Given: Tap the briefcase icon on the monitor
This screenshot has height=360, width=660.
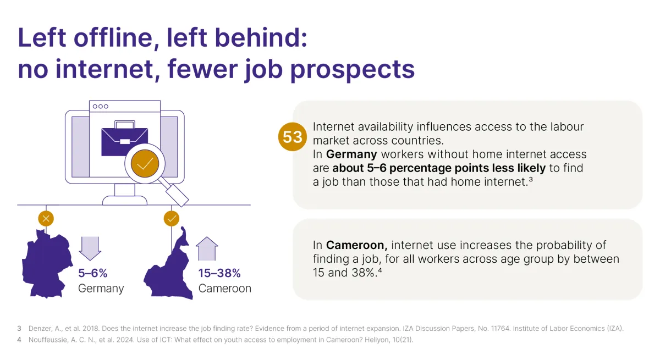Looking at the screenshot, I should [124, 140].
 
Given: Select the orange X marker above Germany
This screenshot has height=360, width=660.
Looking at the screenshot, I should [46, 219].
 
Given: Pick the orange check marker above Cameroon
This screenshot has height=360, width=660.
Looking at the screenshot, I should [172, 219].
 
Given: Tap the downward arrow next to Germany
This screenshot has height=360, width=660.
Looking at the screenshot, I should [90, 248].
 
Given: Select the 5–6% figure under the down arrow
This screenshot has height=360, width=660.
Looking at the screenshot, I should [92, 273].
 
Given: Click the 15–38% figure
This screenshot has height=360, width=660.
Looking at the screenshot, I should [219, 273].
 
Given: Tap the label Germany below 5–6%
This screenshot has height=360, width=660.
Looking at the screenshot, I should [101, 288].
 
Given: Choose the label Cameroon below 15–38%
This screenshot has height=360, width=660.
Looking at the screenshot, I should [224, 288].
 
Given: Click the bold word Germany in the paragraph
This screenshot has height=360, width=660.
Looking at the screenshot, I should [351, 154].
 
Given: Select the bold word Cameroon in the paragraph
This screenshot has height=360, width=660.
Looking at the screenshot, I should [357, 245].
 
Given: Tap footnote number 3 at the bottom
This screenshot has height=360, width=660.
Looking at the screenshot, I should [19, 329].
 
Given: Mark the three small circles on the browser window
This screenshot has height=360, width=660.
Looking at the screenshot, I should [101, 106].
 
